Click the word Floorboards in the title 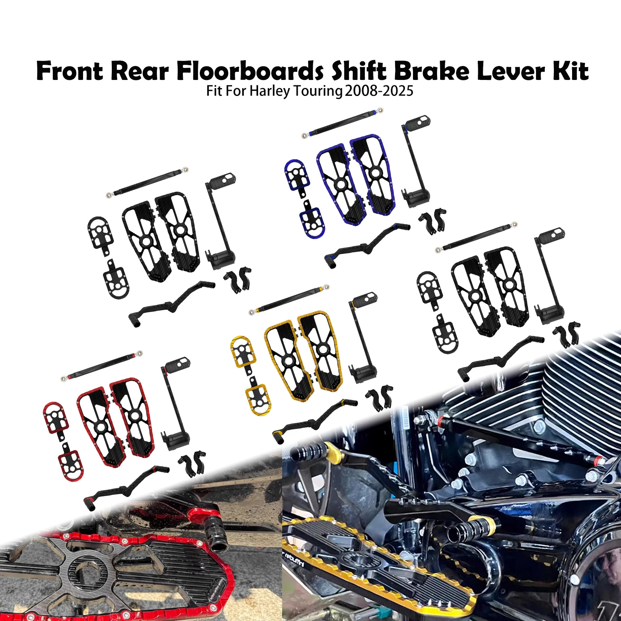pyautogui.click(x=250, y=71)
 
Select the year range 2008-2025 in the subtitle pyautogui.click(x=379, y=91)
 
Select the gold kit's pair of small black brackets pyautogui.click(x=380, y=397)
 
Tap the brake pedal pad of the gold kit pyautogui.click(x=365, y=298)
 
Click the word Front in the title pyautogui.click(x=70, y=71)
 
